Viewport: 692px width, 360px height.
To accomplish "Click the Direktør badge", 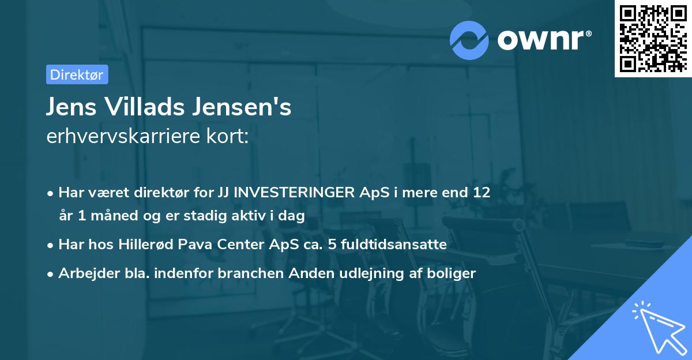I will click(x=77, y=74).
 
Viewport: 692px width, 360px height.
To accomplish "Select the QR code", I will click(x=652, y=39).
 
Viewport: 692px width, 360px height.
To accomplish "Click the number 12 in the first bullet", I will click(x=482, y=193).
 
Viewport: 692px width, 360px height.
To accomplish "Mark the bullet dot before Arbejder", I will click(x=51, y=274).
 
